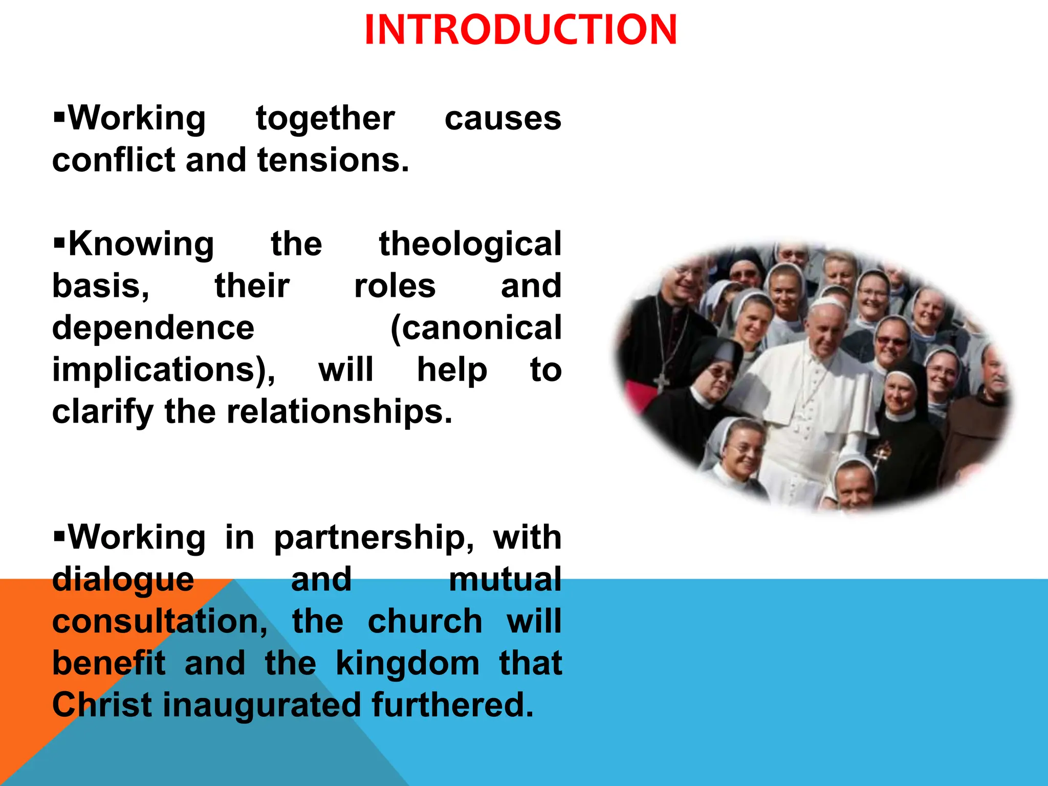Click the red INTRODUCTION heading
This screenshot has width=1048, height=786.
[x=521, y=30]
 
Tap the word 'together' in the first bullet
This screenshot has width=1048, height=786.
[x=325, y=119]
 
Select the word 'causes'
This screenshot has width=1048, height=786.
[x=503, y=119]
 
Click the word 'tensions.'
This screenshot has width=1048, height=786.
[x=333, y=161]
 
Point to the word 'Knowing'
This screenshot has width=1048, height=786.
[x=141, y=245]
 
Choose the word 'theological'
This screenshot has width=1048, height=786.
[x=470, y=245]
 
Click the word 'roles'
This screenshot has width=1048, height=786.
[x=395, y=286]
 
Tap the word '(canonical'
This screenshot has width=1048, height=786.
[x=475, y=328]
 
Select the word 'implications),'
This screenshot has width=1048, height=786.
[x=164, y=370]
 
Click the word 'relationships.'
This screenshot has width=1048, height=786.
[x=339, y=412]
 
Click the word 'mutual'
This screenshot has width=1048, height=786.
[x=505, y=580]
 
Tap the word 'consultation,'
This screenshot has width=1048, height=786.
[x=160, y=622]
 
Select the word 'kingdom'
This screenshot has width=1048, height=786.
[x=407, y=664]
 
